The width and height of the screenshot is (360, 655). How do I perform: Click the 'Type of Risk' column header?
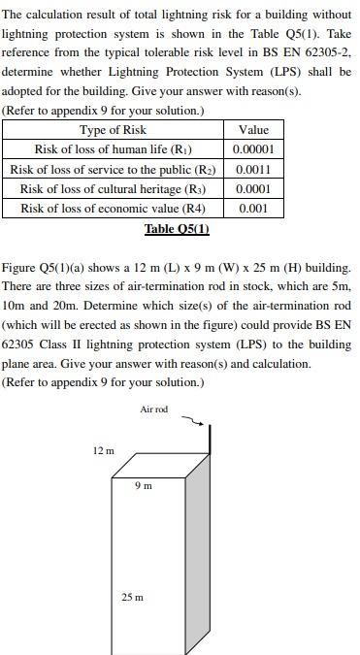click(x=113, y=130)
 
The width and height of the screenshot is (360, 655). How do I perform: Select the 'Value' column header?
click(x=253, y=130)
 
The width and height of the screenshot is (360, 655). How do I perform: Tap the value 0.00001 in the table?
click(x=253, y=149)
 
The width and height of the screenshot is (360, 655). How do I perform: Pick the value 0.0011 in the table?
click(x=253, y=169)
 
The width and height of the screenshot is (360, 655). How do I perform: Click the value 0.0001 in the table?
click(x=253, y=188)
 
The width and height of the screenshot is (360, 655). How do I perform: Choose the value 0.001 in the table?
click(x=253, y=208)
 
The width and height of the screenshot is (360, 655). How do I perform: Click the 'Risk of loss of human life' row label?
click(x=113, y=149)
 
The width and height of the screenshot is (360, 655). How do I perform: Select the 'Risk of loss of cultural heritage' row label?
click(x=113, y=188)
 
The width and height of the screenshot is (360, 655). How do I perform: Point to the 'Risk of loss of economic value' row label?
click(x=113, y=208)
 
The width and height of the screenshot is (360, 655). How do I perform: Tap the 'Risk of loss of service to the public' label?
click(x=113, y=169)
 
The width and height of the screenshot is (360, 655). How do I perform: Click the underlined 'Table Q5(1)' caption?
click(x=177, y=229)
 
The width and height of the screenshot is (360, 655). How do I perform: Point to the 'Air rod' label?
click(x=153, y=409)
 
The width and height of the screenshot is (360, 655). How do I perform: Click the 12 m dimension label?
click(x=103, y=450)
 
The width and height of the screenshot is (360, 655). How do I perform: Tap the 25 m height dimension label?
click(x=132, y=597)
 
